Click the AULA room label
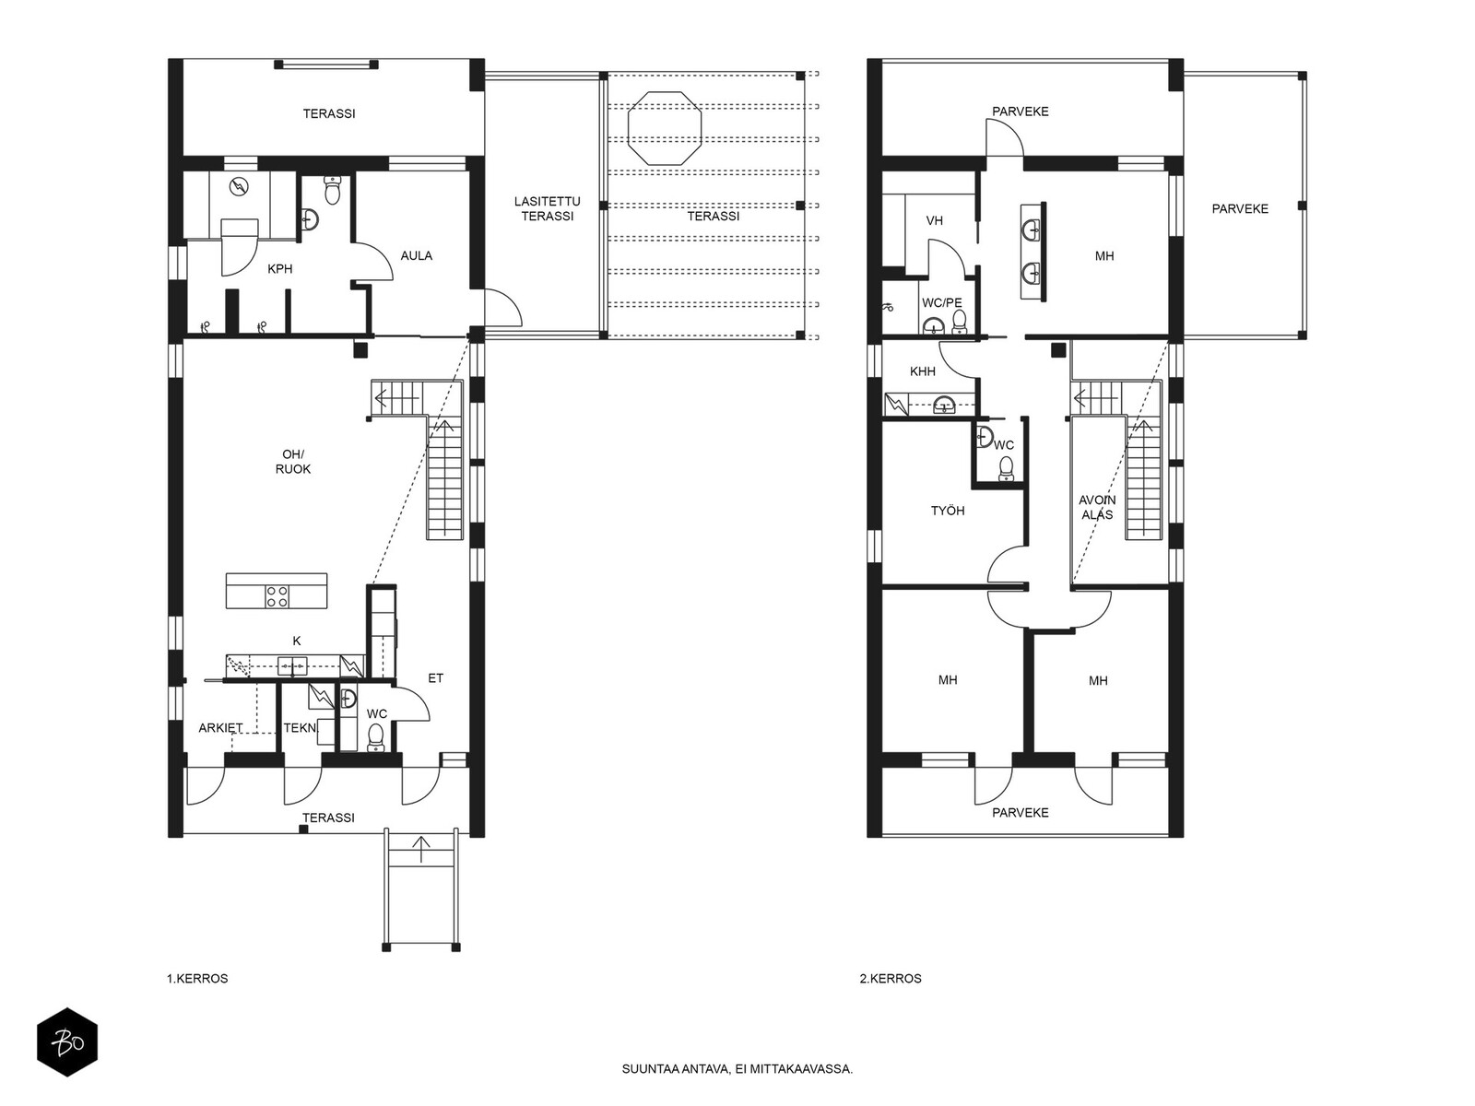pyautogui.click(x=416, y=256)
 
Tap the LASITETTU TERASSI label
pyautogui.click(x=547, y=209)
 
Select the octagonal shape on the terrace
pyautogui.click(x=665, y=127)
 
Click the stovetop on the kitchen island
pyautogui.click(x=277, y=597)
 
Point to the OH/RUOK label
pyautogui.click(x=293, y=462)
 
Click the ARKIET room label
pyautogui.click(x=220, y=728)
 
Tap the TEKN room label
pyautogui.click(x=300, y=728)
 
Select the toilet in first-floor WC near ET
pyautogui.click(x=375, y=736)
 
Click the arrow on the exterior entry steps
pyautogui.click(x=421, y=849)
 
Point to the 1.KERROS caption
pyautogui.click(x=197, y=979)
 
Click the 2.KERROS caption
pyautogui.click(x=891, y=979)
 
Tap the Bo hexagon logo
pyautogui.click(x=67, y=1042)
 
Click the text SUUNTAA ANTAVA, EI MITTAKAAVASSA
pyautogui.click(x=737, y=1069)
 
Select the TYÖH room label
pyautogui.click(x=948, y=511)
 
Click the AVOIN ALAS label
pyautogui.click(x=1097, y=508)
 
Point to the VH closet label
pyautogui.click(x=935, y=221)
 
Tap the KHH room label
pyautogui.click(x=923, y=372)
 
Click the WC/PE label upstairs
pyautogui.click(x=942, y=303)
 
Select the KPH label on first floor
pyautogui.click(x=280, y=269)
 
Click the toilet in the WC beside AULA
pyautogui.click(x=332, y=190)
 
